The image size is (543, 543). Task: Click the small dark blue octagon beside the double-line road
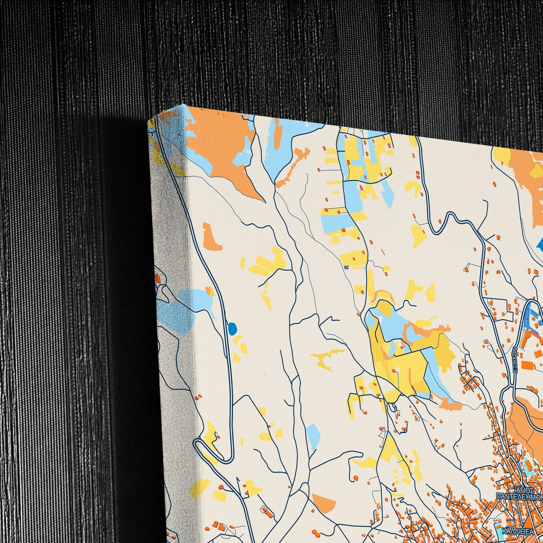(232, 328)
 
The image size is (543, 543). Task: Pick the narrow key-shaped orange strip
(292, 167)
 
